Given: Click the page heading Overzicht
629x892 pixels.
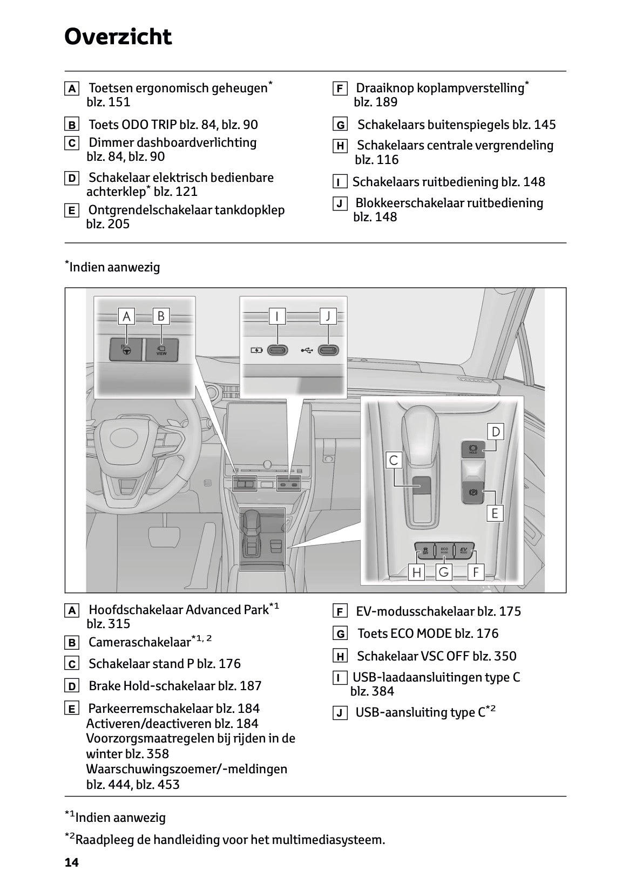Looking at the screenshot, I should coord(118,37).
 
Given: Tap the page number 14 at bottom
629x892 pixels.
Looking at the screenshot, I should coord(71,862).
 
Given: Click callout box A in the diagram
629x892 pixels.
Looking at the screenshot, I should coord(126,316).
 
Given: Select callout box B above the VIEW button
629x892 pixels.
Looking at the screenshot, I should coord(160,316).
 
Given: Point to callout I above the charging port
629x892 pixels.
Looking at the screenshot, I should coord(277,316).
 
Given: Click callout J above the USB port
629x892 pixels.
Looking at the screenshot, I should coord(328,316).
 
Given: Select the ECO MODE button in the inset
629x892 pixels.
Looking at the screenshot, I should coord(444,550).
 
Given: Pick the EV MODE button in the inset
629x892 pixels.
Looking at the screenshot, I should coord(463,550).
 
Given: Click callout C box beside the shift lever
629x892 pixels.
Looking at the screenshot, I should coord(394,460).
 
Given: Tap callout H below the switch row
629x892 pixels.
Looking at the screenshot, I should coord(416,572).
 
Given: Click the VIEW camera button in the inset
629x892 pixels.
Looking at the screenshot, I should coord(161,350).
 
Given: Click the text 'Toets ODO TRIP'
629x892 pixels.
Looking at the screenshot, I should coord(132,125).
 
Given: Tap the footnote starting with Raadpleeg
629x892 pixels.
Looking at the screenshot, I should coord(229,840).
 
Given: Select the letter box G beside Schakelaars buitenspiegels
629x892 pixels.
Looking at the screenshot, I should coord(340,125).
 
